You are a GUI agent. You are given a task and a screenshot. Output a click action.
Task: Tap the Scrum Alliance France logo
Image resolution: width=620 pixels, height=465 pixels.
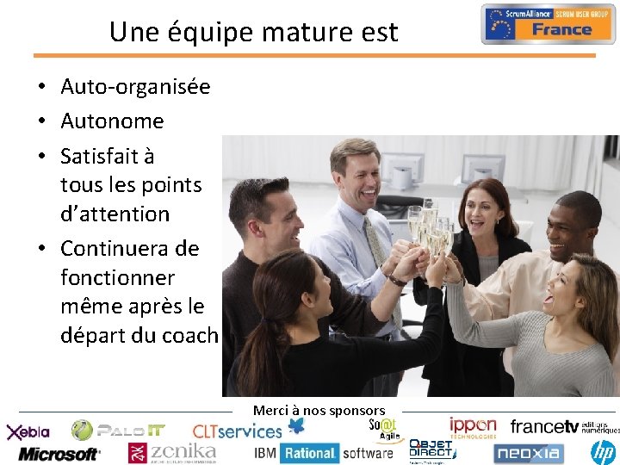548,23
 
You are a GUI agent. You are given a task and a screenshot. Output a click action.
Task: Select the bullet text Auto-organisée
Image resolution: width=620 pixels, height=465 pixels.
135,87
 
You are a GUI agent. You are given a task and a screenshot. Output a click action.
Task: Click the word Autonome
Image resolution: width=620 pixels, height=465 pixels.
112,121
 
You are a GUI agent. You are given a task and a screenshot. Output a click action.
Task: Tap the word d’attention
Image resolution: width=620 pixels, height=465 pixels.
115,214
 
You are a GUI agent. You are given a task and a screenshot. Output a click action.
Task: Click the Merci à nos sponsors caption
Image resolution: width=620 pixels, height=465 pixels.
319,411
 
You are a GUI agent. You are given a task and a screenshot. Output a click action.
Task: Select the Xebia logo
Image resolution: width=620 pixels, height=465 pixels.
28,431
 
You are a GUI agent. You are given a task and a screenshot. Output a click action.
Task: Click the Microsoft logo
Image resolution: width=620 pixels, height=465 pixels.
59,453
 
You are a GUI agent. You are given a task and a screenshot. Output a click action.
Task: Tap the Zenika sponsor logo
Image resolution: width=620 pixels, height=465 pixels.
171,452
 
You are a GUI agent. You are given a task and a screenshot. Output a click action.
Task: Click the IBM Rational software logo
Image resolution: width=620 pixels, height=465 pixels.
323,453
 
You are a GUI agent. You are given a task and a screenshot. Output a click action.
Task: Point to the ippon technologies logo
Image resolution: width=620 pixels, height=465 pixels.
472,427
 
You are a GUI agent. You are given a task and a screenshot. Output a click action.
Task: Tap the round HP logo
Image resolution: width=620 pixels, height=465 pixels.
602,451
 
